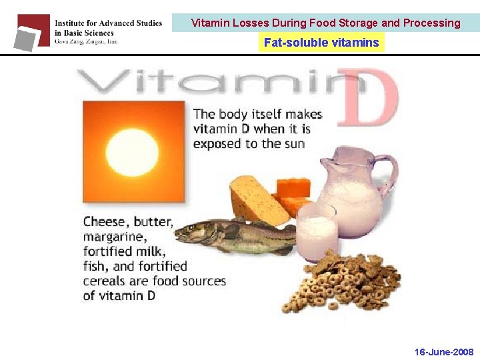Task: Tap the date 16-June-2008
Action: (x=444, y=352)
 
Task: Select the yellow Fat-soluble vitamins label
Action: (x=321, y=43)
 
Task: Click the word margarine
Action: (x=113, y=237)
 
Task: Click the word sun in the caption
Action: (x=294, y=143)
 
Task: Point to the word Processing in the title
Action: (x=431, y=23)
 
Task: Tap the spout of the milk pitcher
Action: (x=325, y=160)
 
